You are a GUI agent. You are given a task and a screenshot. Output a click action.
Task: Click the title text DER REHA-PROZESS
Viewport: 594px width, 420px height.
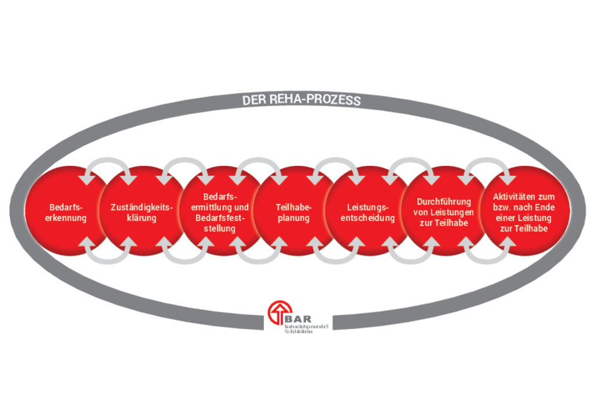(301, 100)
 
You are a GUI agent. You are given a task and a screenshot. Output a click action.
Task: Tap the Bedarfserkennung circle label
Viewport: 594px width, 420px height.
(67, 212)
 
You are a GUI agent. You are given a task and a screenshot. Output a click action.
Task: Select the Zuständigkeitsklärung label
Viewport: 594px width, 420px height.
(142, 212)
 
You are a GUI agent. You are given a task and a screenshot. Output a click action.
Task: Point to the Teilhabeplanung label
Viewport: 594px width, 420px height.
(294, 212)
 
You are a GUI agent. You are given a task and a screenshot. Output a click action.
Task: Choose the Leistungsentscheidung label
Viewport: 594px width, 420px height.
(368, 212)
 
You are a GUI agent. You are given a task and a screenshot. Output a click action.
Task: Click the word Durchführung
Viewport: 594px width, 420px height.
(444, 201)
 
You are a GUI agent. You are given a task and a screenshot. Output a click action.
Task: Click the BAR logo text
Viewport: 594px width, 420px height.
(299, 318)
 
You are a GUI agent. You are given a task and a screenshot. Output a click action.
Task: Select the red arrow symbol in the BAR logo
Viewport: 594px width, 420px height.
(277, 314)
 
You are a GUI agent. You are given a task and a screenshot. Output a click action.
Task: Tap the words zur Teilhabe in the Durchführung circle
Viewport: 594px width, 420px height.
(444, 223)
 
